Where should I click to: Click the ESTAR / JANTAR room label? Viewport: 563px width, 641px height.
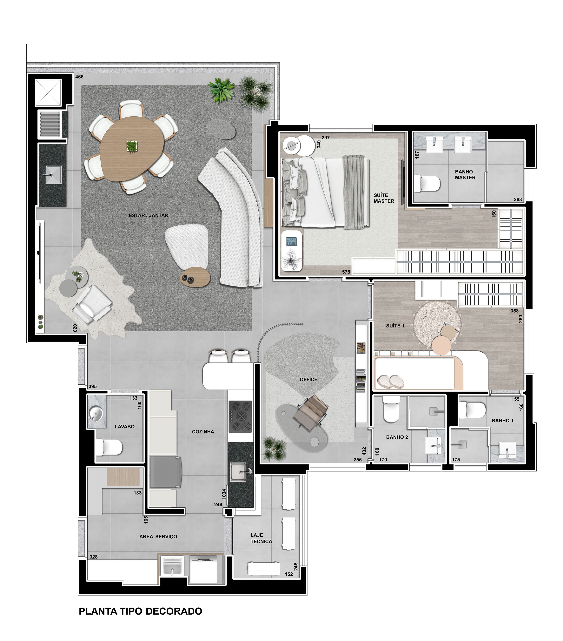point(148,215)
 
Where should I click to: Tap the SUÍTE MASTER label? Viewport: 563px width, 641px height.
point(384,198)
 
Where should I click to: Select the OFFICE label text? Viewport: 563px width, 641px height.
point(308,380)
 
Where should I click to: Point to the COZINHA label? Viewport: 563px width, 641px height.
point(203,432)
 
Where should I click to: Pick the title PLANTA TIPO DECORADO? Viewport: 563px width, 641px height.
point(140,611)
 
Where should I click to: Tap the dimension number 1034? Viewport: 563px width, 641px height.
point(224,494)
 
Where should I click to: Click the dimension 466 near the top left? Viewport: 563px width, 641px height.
point(79,77)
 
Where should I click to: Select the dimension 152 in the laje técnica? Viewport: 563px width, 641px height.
point(289,574)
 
